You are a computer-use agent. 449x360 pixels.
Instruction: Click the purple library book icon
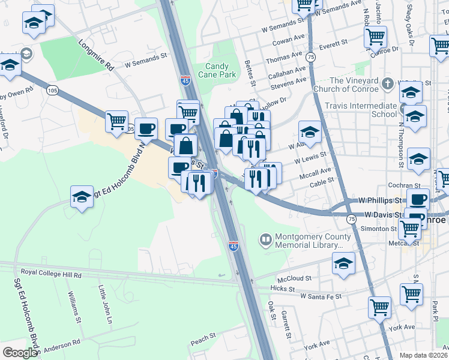(265, 241)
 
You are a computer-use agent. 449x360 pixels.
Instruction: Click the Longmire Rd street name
(96, 55)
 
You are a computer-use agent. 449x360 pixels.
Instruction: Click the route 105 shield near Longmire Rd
(52, 90)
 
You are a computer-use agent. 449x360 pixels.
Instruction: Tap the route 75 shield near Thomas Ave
(310, 56)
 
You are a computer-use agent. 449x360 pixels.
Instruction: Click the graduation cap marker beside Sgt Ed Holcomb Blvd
(81, 197)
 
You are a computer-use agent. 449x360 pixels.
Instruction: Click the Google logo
(20, 353)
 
